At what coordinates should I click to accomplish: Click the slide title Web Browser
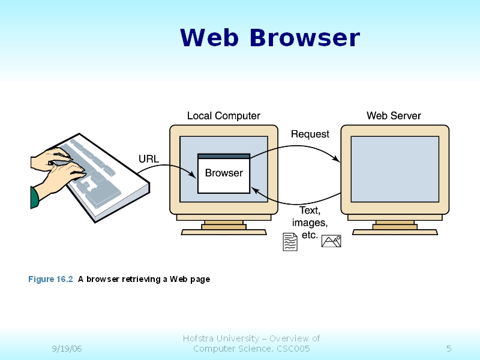point(269,38)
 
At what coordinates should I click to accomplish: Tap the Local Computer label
point(224,116)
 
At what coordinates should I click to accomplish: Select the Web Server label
point(394,116)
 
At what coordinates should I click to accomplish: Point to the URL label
point(149,159)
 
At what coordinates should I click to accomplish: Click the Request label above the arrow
point(310,134)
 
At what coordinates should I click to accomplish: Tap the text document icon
point(290,242)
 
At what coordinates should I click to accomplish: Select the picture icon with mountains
point(331,241)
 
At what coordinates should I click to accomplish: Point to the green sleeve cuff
point(35,197)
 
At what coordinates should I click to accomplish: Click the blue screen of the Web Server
point(395,169)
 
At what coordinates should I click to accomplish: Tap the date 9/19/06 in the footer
point(67,349)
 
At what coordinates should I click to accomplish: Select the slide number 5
point(449,349)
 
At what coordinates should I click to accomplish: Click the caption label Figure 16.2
point(50,279)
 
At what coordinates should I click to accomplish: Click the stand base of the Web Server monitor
point(395,231)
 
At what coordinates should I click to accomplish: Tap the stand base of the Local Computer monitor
point(224,231)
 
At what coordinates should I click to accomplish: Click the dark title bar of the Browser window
point(224,156)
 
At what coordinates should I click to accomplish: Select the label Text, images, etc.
point(310,223)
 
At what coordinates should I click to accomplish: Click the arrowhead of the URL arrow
point(194,175)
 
